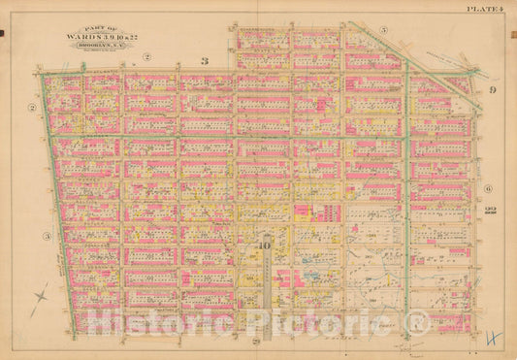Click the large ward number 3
pos(204,61)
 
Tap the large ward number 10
pos(264,245)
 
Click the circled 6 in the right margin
pos(488,188)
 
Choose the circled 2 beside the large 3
pos(146,57)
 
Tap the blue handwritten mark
pos(493,338)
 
